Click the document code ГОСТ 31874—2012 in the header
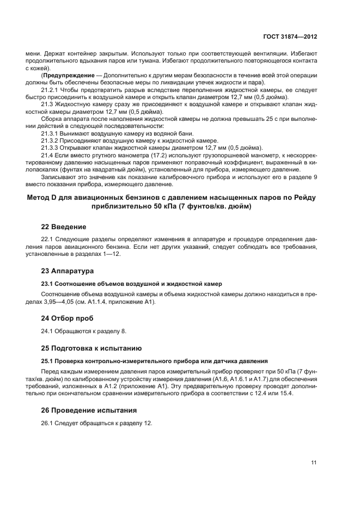coord(291,36)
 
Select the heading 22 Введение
coord(64,226)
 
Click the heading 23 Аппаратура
coord(68,271)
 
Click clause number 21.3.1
coord(50,133)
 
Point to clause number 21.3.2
coord(50,140)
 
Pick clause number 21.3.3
coord(50,148)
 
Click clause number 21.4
coord(48,155)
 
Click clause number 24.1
coord(48,331)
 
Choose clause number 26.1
coord(48,423)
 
